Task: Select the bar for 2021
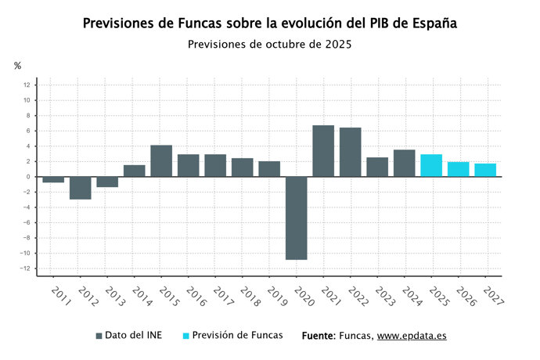[323, 151]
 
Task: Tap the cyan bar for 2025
[431, 165]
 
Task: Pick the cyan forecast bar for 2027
[485, 170]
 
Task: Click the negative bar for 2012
[81, 188]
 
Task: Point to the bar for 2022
[350, 152]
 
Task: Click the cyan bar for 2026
[458, 169]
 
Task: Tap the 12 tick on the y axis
[27, 85]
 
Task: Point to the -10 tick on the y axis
[25, 254]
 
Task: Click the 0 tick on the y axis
[27, 177]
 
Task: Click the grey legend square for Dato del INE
[99, 336]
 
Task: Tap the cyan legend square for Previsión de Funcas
[186, 336]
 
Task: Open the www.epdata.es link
[412, 335]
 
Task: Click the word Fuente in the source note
[318, 335]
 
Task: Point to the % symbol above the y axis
[17, 66]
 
